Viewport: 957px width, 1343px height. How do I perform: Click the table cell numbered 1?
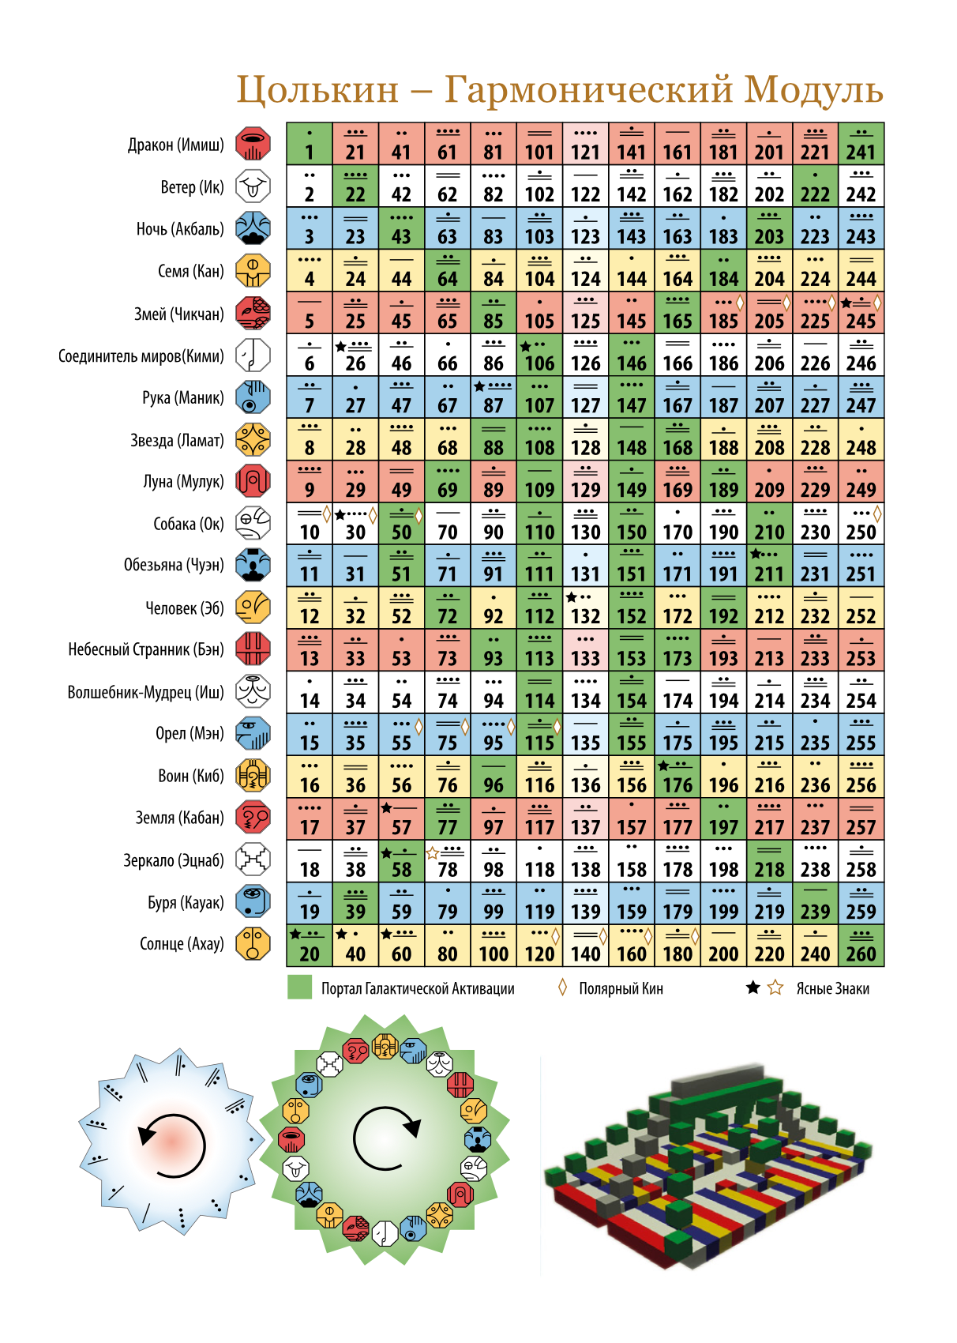coord(310,144)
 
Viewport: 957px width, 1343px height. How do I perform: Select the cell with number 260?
coord(861,946)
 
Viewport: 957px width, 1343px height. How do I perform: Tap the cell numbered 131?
coord(585,566)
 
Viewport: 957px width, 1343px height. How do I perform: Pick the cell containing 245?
coord(861,312)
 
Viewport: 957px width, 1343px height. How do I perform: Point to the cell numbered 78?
coord(448,861)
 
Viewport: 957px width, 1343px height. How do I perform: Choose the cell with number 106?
coord(539,355)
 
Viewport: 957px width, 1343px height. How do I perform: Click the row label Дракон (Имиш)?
coord(175,145)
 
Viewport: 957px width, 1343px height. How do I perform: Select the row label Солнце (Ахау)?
coord(182,944)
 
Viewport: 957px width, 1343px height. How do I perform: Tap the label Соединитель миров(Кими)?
coord(141,356)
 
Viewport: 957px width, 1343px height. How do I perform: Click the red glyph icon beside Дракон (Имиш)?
coord(253,144)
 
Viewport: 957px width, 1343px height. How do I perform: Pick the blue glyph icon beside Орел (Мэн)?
coord(253,734)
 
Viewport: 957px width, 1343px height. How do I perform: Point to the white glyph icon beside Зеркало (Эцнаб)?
coord(253,860)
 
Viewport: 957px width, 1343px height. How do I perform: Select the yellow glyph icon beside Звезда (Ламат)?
coord(253,439)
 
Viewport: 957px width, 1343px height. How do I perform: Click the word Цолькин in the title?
coord(317,90)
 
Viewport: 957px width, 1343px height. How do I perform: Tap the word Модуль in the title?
coord(814,90)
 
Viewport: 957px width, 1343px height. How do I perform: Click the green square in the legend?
coord(299,987)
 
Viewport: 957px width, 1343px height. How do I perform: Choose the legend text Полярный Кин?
coord(621,988)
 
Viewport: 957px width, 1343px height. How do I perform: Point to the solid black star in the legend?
coord(753,987)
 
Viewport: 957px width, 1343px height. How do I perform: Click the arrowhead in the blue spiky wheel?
coord(146,1133)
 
